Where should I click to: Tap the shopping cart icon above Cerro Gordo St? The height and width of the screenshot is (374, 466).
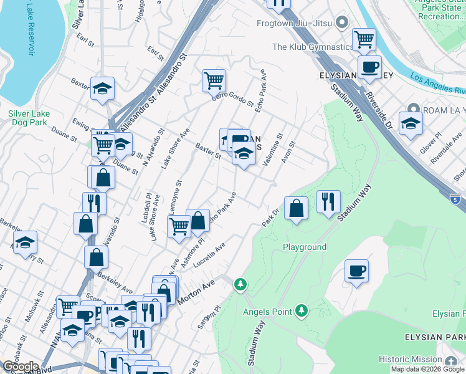[x=214, y=80]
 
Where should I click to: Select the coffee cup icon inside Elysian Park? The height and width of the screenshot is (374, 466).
[x=356, y=271]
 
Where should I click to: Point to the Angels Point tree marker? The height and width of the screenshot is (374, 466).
[x=302, y=310]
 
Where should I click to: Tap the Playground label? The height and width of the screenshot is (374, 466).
[x=305, y=247]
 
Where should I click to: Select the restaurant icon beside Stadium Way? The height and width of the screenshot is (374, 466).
[x=328, y=201]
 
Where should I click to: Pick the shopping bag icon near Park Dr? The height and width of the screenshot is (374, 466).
[x=297, y=208]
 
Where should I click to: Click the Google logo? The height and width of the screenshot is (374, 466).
[x=20, y=366]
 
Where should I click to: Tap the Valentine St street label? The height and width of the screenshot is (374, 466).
[x=272, y=149]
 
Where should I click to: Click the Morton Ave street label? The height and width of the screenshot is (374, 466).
[x=195, y=292]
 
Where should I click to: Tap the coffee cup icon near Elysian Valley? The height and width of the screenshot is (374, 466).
[x=369, y=67]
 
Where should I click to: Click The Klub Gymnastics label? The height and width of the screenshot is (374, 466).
[x=312, y=47]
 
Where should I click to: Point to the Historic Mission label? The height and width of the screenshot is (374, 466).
[x=411, y=360]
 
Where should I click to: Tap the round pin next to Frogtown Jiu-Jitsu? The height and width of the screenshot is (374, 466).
[x=341, y=24]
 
